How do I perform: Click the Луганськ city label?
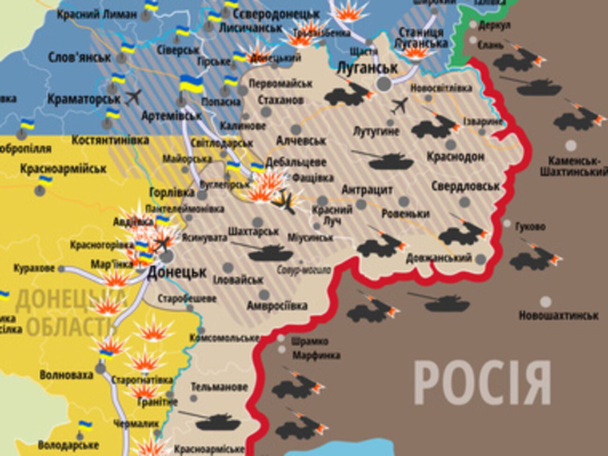click(367, 68)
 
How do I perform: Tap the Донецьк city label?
click(177, 273)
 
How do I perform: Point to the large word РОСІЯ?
click(482, 382)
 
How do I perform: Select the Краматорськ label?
click(84, 99)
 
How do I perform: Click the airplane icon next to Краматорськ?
click(133, 97)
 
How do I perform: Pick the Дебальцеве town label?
click(296, 162)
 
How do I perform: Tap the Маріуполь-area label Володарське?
click(68, 445)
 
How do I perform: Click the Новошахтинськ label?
click(558, 315)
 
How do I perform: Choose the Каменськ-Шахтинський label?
click(573, 166)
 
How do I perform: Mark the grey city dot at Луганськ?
click(384, 84)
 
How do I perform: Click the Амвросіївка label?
click(277, 306)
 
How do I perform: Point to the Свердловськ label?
click(465, 186)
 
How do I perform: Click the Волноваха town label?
click(66, 375)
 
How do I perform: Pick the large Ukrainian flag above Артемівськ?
click(191, 84)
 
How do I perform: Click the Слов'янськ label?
click(80, 58)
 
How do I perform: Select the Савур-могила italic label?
click(304, 270)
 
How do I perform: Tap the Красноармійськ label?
click(63, 169)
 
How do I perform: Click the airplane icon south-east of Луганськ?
click(400, 105)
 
